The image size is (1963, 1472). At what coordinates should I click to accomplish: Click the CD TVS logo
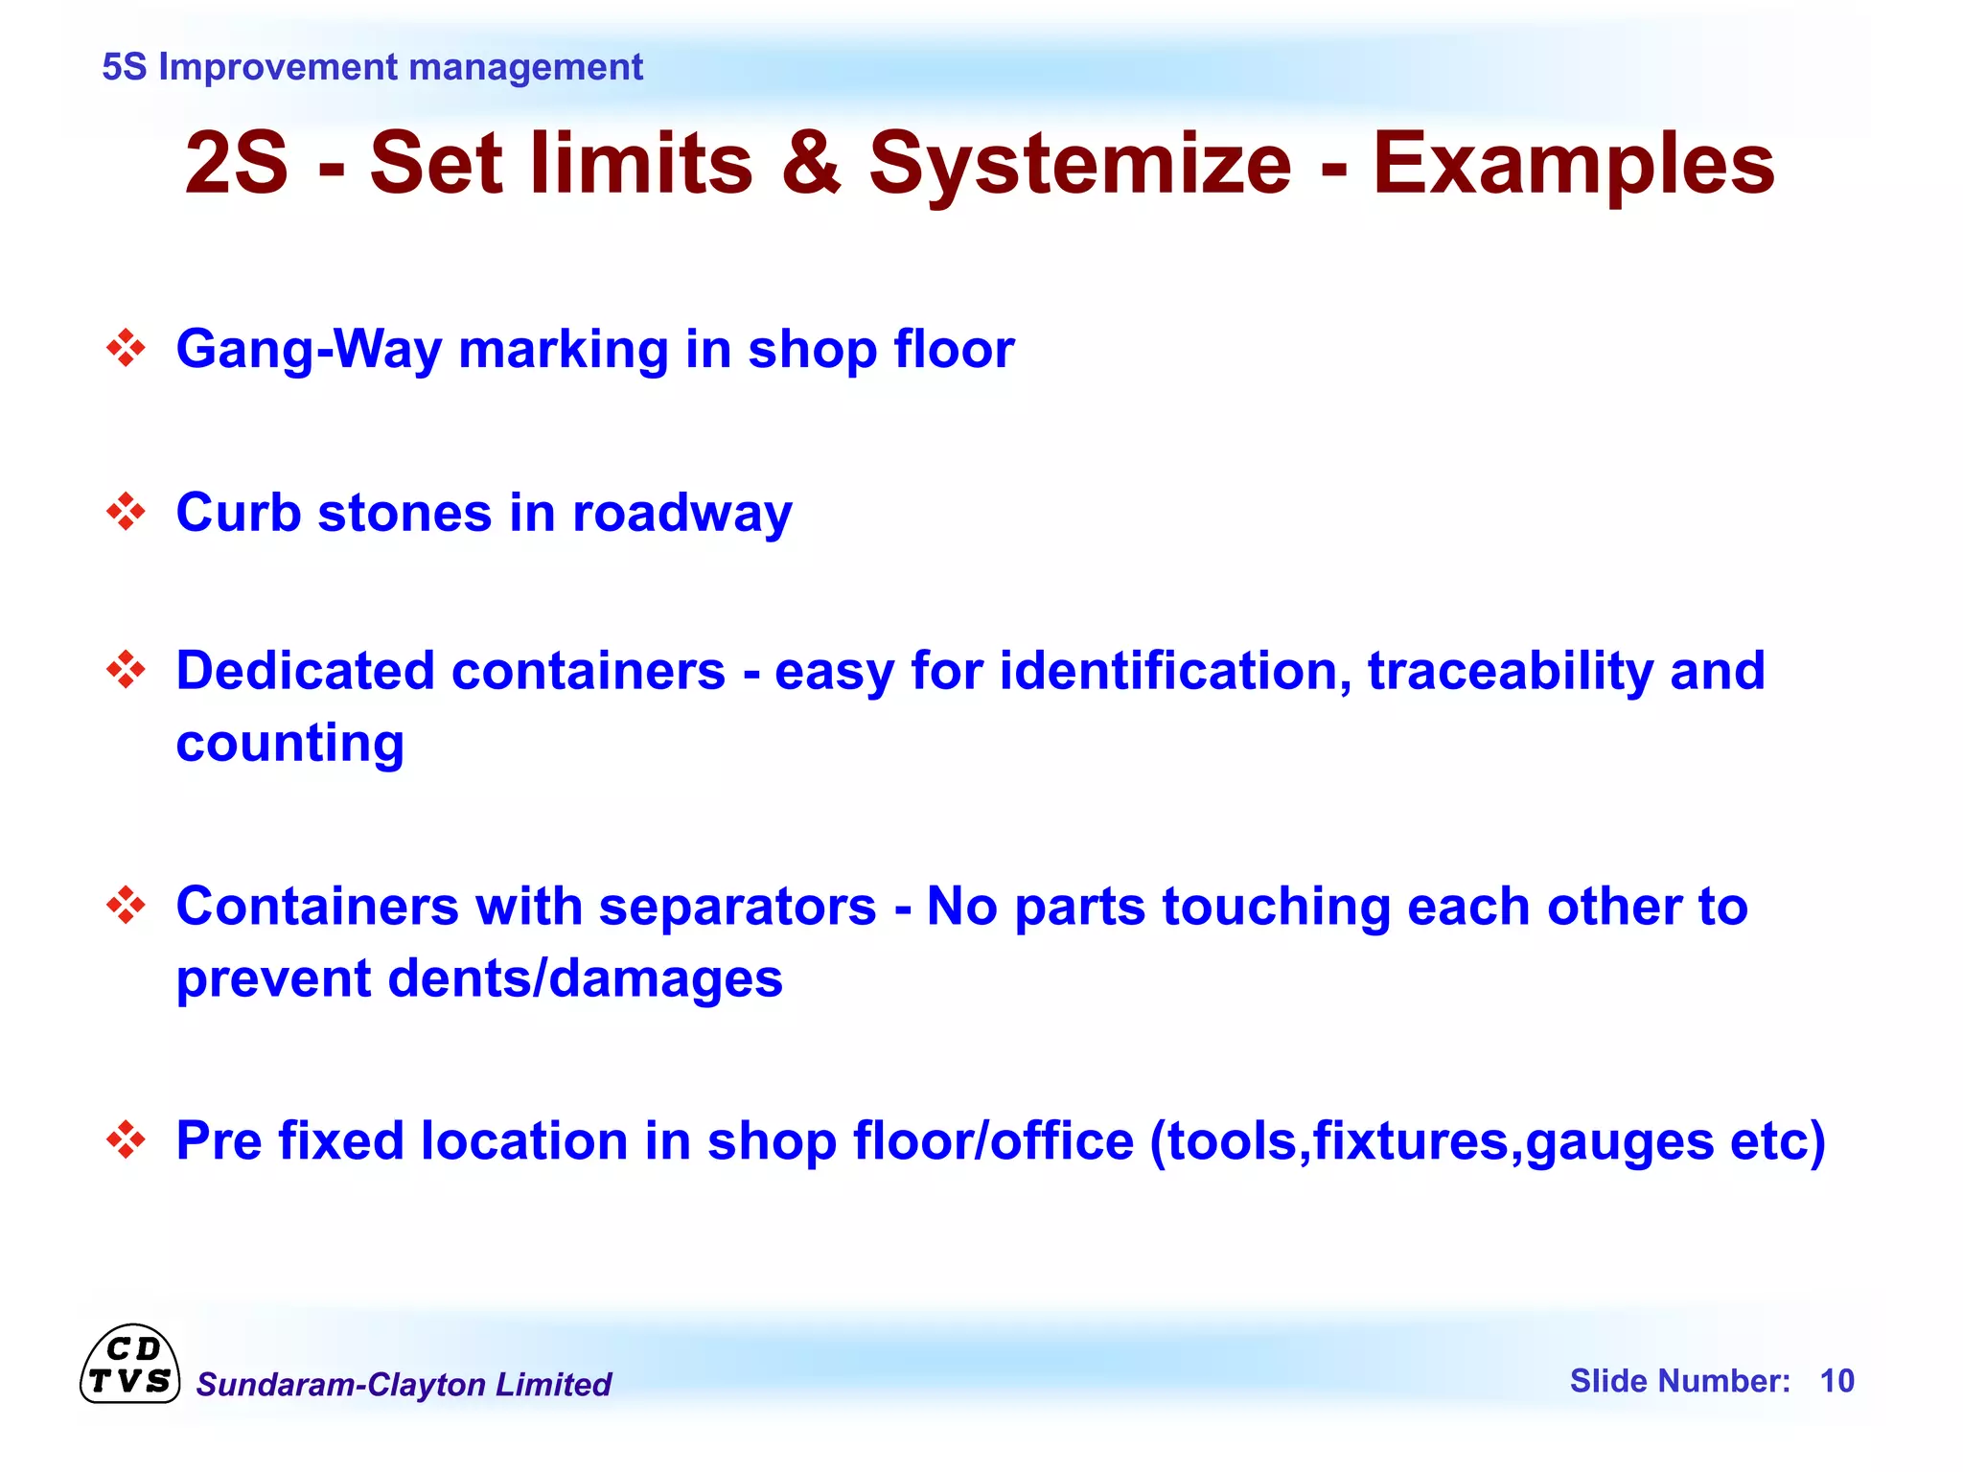coord(129,1365)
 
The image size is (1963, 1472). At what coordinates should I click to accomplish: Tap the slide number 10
coord(1836,1381)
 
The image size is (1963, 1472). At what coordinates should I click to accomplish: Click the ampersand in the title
coord(811,163)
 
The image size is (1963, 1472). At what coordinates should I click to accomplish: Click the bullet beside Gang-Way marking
coord(126,348)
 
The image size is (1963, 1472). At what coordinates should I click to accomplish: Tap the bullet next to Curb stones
coord(126,512)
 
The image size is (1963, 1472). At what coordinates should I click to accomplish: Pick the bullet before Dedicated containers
coord(126,669)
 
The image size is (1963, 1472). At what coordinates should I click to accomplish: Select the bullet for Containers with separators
coord(126,905)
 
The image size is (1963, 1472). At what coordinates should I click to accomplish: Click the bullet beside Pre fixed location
coord(126,1140)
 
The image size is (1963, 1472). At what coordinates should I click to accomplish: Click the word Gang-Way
coord(309,350)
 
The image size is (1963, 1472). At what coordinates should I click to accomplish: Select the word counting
coord(290,744)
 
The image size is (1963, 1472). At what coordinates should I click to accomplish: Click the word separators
coord(737,907)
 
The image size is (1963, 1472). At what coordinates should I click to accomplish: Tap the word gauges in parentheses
coord(1619,1142)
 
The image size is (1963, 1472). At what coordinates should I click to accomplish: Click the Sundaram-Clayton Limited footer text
coord(404,1385)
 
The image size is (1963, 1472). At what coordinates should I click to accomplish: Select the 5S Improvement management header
coord(372,67)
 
